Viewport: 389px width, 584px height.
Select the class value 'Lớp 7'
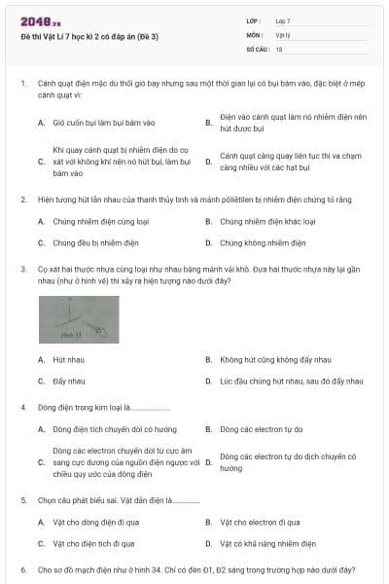click(283, 20)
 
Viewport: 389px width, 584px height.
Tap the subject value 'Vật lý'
click(282, 34)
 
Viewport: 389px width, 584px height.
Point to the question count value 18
click(279, 48)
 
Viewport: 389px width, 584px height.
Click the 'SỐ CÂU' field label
click(257, 48)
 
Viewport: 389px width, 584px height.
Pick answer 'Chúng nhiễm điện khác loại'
click(263, 221)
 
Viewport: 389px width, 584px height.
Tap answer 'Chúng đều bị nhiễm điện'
click(95, 242)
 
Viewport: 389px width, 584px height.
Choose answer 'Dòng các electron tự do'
click(261, 428)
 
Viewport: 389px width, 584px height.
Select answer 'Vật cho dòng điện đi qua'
click(100, 522)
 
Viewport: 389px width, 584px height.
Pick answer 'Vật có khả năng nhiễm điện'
click(267, 543)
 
